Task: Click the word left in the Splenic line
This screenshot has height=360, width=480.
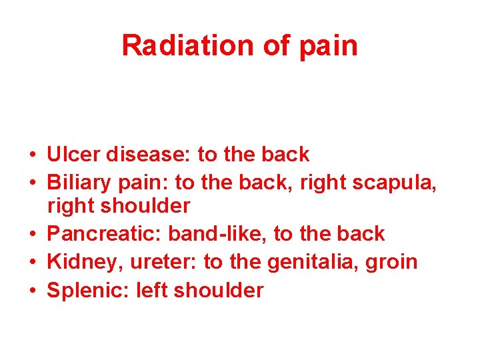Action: coord(150,291)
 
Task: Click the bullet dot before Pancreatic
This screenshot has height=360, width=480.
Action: coord(32,235)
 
